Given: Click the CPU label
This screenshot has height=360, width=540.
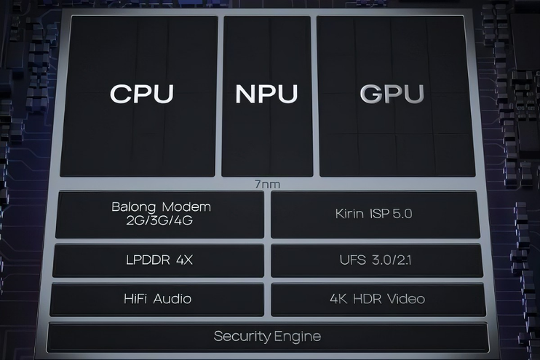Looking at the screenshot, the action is pos(142,94).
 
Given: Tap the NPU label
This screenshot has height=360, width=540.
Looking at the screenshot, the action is pos(266,94).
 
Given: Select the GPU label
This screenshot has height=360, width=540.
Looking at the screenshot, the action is pos(392,94).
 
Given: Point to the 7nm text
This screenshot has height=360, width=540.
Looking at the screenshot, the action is pos(267,185).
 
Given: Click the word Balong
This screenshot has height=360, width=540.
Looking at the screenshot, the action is pos(134,207).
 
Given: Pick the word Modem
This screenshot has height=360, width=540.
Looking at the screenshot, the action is pos(186,207).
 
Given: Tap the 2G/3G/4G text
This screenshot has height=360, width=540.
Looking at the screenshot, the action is pos(159,220).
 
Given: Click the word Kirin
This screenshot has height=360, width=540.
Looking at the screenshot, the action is pos(349,213).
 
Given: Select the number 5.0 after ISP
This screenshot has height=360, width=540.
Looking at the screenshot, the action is pos(402,213).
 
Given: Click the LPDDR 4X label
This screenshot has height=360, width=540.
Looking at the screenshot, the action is pos(159,260).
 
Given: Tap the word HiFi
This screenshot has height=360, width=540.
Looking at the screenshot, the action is pos(135,298).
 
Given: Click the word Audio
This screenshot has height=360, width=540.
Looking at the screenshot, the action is pos(172,298).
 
